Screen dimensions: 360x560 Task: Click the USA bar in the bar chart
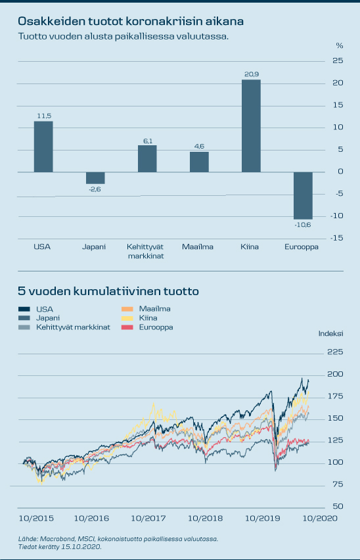pos(43,147)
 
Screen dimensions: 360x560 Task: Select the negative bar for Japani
pos(95,178)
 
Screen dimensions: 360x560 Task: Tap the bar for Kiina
pos(251,126)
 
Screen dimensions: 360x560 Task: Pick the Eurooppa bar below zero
pos(303,196)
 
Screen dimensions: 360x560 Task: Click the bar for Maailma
pos(199,162)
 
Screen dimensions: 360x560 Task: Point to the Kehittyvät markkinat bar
pos(147,158)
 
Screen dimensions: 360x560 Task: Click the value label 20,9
pos(252,74)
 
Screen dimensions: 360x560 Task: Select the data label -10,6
pos(303,225)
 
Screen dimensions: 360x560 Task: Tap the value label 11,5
pos(44,116)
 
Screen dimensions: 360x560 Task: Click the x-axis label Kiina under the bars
pos(250,246)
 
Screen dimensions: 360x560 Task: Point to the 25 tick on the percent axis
pos(338,60)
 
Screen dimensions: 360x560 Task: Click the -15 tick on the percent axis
pos(336,238)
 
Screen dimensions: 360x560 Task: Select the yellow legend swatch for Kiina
pos(127,318)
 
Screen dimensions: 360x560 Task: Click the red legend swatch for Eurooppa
pos(127,327)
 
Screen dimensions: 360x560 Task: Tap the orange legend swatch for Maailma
pos(127,309)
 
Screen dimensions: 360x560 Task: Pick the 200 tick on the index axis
pos(336,374)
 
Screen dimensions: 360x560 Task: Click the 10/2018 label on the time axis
pos(205,518)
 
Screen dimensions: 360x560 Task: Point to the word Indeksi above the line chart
pos(330,334)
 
